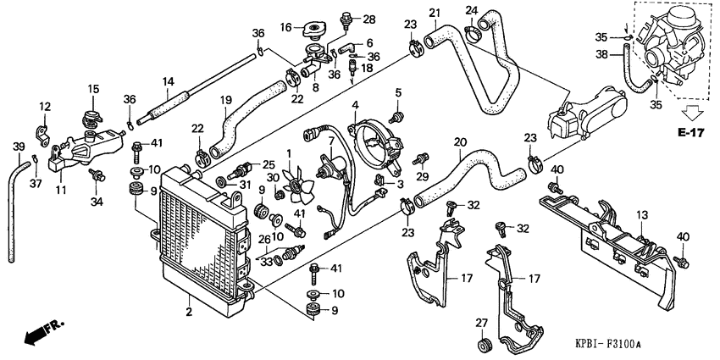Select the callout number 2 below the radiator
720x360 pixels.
click(x=189, y=313)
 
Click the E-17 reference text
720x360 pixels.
click(x=690, y=133)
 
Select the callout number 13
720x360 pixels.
click(x=640, y=215)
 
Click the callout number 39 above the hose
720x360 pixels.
click(x=19, y=147)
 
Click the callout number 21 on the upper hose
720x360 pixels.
click(x=435, y=13)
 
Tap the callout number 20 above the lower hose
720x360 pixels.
click(x=460, y=141)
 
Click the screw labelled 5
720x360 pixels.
click(x=396, y=117)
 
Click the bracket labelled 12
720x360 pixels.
click(x=42, y=133)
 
